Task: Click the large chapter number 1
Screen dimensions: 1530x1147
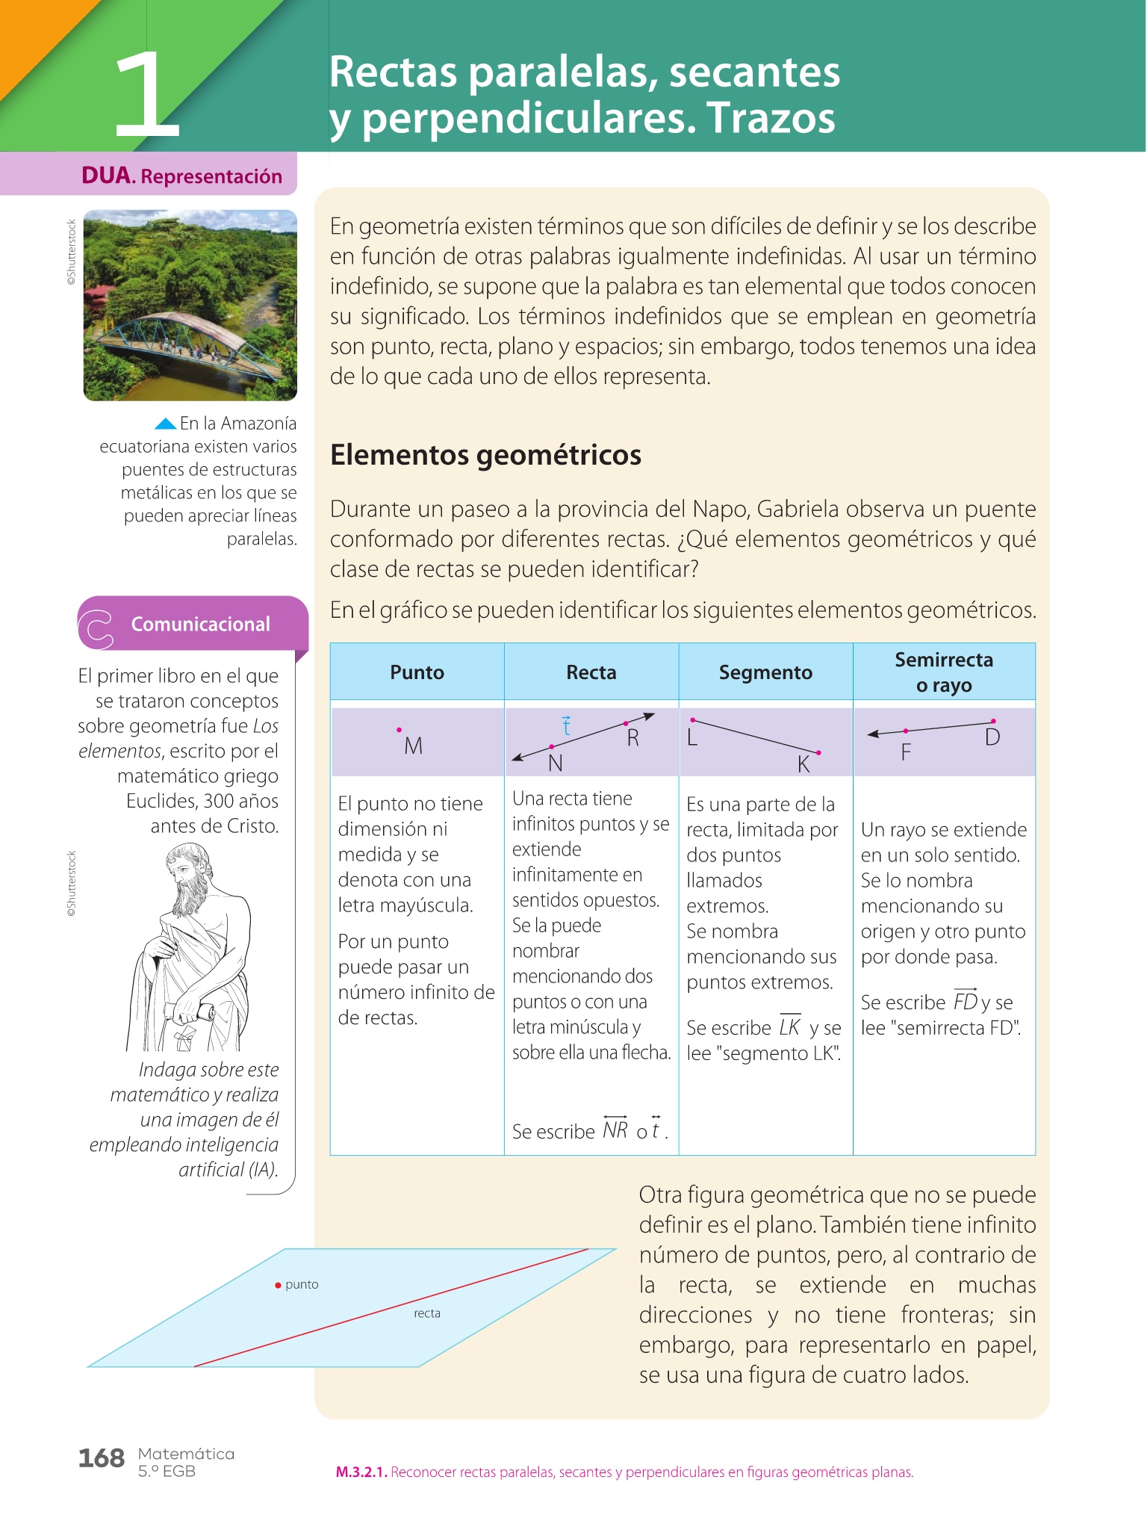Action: click(x=147, y=95)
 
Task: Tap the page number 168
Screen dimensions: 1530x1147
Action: click(x=102, y=1458)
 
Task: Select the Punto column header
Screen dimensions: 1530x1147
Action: click(x=417, y=672)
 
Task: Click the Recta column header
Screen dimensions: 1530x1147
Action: click(x=591, y=672)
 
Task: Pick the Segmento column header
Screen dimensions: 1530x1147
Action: click(x=765, y=672)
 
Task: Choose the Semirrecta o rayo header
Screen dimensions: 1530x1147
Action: click(x=944, y=672)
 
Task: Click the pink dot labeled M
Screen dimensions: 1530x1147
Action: click(x=400, y=729)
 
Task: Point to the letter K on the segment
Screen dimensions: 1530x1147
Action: click(x=803, y=764)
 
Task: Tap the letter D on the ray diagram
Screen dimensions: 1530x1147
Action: click(x=992, y=738)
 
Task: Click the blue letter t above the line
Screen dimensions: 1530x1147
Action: click(x=566, y=725)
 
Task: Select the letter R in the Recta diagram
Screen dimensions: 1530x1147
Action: click(x=632, y=738)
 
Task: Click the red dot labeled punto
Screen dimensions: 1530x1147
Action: click(x=278, y=1285)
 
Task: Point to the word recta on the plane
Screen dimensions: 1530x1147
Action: click(x=427, y=1313)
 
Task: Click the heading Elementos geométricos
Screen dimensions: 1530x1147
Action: click(x=485, y=455)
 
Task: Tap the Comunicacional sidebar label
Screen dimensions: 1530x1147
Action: click(x=200, y=624)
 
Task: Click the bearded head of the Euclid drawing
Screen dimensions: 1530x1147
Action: click(x=187, y=871)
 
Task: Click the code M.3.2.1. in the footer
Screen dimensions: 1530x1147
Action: click(x=361, y=1472)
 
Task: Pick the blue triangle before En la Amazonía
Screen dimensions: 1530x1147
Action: click(x=165, y=424)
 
